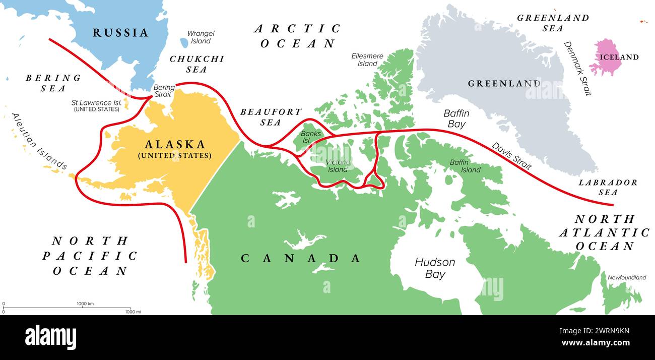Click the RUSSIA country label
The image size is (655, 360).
[120, 33]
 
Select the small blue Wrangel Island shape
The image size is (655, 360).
[184, 43]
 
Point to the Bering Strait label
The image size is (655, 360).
[164, 91]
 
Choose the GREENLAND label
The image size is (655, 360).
[503, 83]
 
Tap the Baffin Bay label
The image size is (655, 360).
[456, 118]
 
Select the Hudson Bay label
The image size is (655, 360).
[435, 268]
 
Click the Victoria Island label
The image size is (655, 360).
[337, 166]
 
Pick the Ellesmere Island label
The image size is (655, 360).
[367, 59]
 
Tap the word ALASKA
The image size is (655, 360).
[175, 144]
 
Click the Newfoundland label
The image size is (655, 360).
[626, 277]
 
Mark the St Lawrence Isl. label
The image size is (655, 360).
[97, 105]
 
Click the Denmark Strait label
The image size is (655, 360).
[577, 68]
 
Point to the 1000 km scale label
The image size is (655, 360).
[85, 304]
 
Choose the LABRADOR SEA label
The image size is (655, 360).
[607, 187]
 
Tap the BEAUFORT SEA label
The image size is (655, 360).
[271, 116]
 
